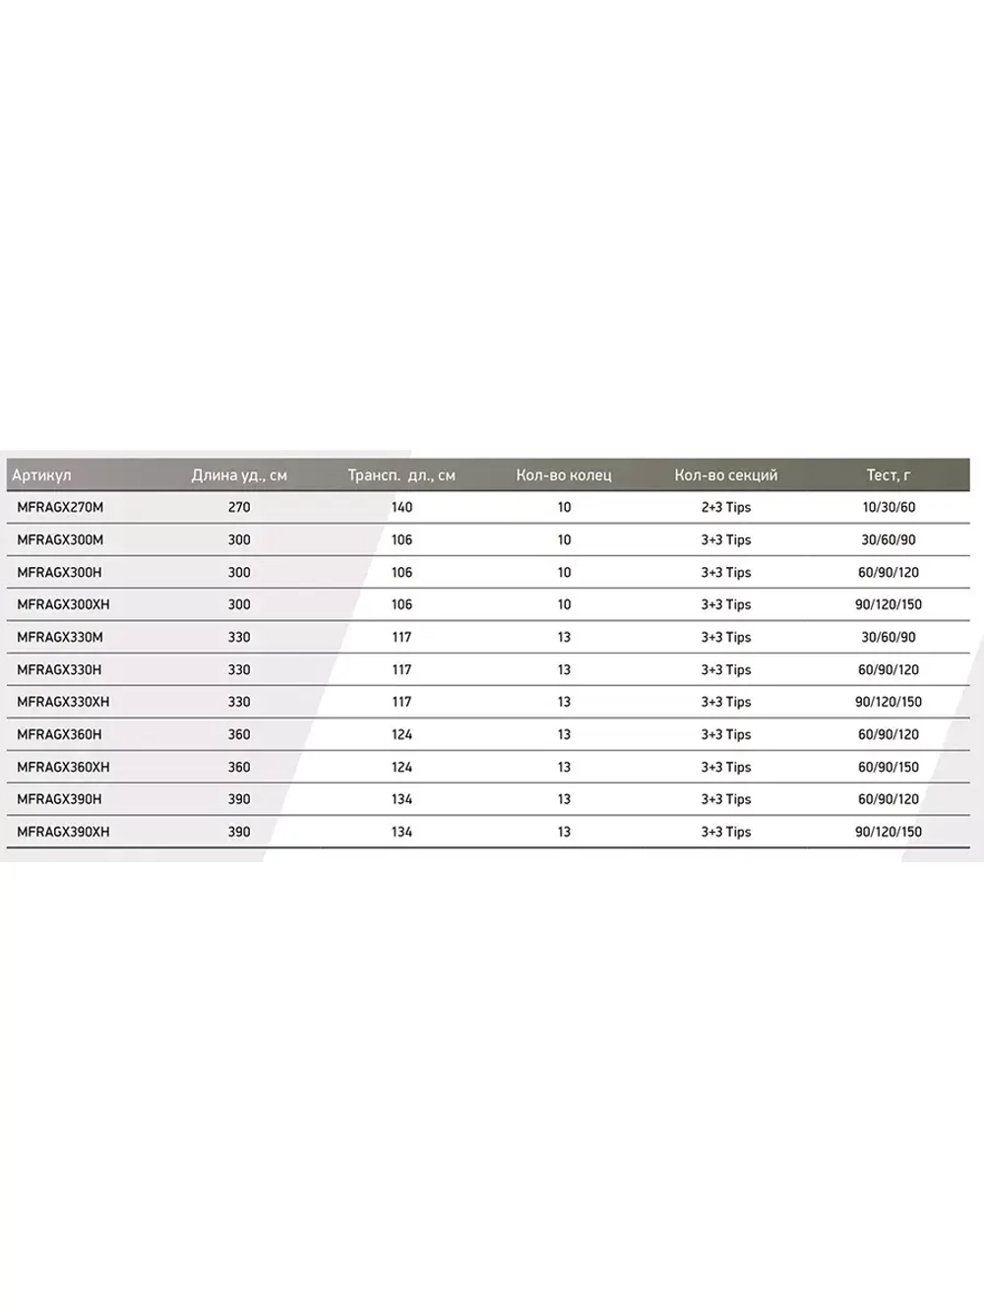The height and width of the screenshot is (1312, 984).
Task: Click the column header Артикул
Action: tap(41, 475)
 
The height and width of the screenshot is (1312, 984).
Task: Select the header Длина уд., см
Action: tap(239, 475)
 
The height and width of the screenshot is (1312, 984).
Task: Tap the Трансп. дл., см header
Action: tap(401, 475)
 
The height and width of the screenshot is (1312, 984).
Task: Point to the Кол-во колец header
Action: tap(564, 475)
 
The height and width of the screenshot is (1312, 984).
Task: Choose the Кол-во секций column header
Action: tap(726, 475)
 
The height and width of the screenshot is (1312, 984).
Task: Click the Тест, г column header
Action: tap(889, 475)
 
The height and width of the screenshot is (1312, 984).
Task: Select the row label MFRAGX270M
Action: tap(60, 508)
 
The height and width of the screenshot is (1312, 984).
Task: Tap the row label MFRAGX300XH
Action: tap(63, 605)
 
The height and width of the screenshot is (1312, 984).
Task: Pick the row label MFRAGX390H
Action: tap(59, 799)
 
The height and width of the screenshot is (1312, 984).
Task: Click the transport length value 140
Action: tap(401, 508)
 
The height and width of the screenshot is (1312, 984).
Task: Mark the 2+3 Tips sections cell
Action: tap(726, 508)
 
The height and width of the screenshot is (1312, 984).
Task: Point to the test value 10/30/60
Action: tap(889, 508)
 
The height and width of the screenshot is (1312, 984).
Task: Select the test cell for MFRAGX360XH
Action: tap(889, 768)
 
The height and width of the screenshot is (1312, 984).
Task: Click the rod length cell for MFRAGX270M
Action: tap(239, 508)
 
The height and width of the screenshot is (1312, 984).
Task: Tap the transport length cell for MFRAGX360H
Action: tap(401, 735)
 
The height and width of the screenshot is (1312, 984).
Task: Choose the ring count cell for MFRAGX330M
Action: tap(564, 638)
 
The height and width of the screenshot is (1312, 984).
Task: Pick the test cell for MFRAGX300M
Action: tap(889, 540)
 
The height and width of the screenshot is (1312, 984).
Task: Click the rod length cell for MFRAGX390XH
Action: tap(239, 833)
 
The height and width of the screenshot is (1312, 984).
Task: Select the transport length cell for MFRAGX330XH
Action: tap(401, 703)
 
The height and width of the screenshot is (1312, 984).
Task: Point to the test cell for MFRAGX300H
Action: tap(889, 573)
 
